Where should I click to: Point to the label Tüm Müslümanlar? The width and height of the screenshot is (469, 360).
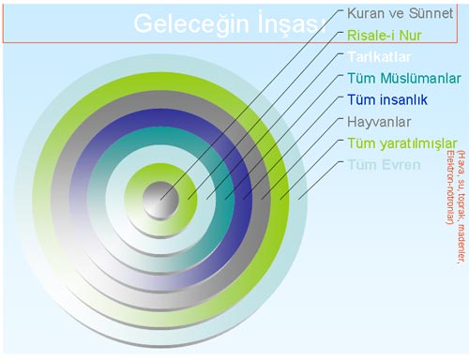[403, 79]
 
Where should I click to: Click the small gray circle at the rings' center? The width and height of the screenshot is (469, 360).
[159, 199]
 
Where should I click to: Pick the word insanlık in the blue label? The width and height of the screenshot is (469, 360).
[401, 99]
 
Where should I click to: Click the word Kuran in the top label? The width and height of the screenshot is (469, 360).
[365, 15]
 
